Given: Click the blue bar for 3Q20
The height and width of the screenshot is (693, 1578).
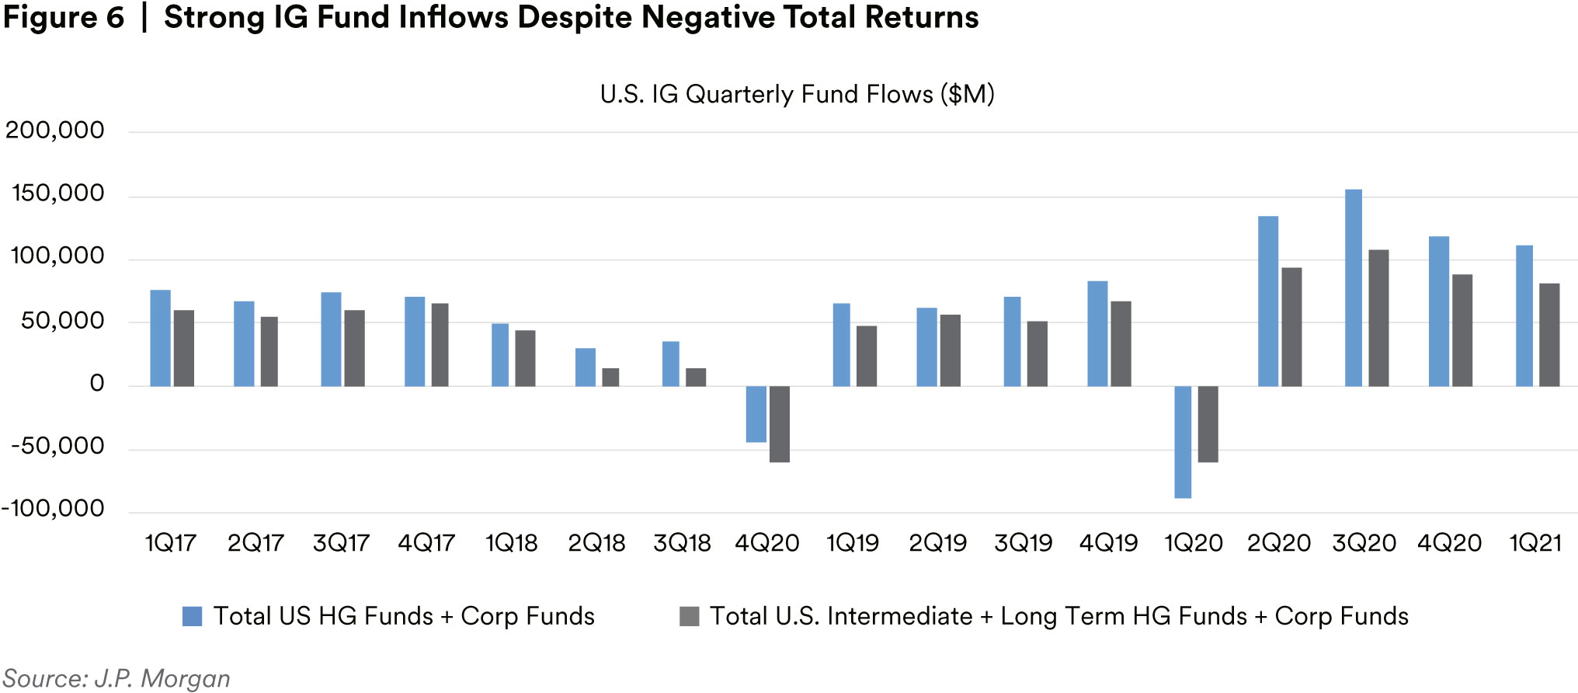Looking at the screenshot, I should (1353, 287).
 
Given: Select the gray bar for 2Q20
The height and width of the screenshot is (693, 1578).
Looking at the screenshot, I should (1291, 327).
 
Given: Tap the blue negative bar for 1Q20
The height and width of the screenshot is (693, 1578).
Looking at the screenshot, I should (1183, 441).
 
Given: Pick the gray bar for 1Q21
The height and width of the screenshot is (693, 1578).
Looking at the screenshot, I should (1549, 335).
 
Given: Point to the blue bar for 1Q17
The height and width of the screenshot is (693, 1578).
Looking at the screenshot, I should (160, 338).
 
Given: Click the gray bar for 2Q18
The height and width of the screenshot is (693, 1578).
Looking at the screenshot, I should (610, 377).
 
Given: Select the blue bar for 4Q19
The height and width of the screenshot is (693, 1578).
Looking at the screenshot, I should (1097, 333).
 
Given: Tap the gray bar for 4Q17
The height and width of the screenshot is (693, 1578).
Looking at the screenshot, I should (440, 344).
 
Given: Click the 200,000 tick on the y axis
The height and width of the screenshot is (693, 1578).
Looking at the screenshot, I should (55, 130).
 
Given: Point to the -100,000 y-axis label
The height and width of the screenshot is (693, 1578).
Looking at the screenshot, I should (53, 508).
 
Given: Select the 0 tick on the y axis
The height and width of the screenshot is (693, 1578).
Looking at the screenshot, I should (96, 383).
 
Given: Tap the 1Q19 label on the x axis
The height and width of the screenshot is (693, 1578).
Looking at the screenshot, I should (852, 542).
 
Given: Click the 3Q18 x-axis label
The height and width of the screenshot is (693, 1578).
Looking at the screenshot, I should (682, 542).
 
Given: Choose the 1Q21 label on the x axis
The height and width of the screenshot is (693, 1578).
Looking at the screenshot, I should (1535, 542).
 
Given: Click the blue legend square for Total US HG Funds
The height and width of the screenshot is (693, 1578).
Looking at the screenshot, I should (192, 616).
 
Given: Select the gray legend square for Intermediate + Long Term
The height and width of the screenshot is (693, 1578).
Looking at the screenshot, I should (689, 616).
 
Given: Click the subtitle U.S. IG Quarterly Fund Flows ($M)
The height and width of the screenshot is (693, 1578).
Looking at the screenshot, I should (797, 94).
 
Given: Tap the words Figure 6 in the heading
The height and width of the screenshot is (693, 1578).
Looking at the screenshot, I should (64, 17).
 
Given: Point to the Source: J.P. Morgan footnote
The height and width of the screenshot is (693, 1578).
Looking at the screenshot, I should (116, 678).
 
